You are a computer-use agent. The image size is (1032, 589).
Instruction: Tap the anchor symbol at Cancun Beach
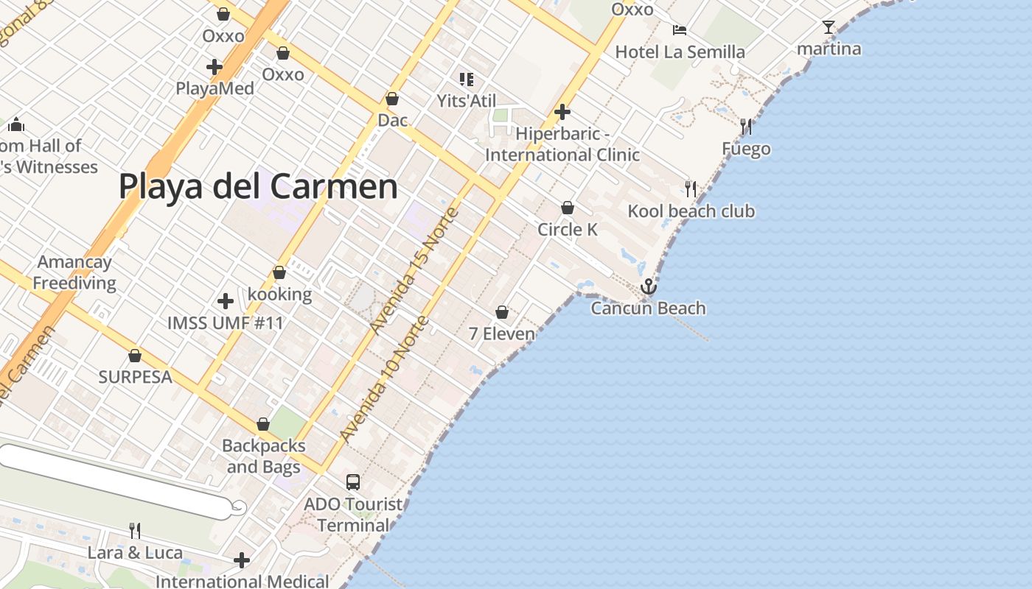(649, 286)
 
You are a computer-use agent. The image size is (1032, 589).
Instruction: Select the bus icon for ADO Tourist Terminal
(353, 482)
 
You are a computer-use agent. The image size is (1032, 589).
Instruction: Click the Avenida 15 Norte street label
(415, 271)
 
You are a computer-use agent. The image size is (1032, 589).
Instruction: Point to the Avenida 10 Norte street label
(384, 380)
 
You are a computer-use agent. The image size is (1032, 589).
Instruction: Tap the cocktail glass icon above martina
(829, 28)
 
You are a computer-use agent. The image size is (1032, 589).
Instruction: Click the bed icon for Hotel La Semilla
(680, 30)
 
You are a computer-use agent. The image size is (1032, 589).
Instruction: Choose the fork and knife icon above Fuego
(746, 127)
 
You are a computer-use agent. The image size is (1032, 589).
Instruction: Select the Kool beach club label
(691, 211)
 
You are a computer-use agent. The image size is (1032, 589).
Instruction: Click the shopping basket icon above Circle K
(568, 208)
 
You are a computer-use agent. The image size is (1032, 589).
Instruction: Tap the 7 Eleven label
(502, 334)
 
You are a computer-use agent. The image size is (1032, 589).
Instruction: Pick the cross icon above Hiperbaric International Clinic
(562, 112)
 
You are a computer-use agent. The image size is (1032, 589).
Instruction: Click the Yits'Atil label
(467, 101)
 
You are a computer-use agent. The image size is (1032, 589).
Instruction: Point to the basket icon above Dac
(392, 99)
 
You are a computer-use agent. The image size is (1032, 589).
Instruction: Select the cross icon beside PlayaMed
(215, 68)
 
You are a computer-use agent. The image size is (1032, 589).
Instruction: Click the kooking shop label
(279, 294)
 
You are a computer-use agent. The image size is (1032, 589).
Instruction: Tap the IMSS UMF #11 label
(226, 322)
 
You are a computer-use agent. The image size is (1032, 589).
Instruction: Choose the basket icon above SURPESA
(135, 356)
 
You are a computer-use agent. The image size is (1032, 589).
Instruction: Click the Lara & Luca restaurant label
(135, 552)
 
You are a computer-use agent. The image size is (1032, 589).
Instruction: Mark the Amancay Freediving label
(74, 272)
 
